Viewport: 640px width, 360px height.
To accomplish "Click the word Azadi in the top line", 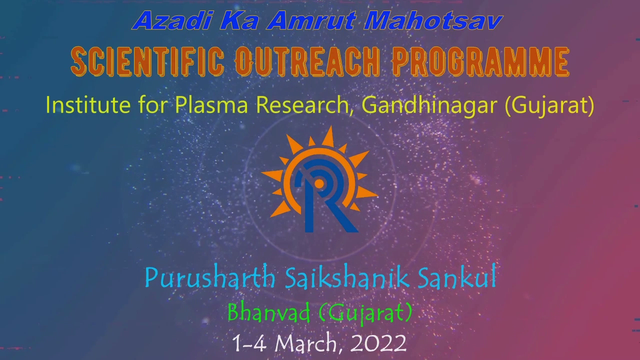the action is click(x=173, y=20).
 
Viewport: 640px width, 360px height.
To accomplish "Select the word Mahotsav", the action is click(x=433, y=20).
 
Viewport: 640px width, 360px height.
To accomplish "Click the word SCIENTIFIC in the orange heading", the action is click(x=147, y=61).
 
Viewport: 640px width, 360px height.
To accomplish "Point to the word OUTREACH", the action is click(x=307, y=61).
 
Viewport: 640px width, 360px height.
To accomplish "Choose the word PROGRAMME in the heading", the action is click(x=480, y=61).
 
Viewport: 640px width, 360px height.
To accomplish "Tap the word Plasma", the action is click(x=211, y=105).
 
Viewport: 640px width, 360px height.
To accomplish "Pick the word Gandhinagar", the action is click(x=429, y=105).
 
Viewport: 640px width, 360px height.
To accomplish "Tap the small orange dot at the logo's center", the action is click(x=319, y=184).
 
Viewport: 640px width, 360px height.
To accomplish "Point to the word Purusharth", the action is click(x=210, y=277).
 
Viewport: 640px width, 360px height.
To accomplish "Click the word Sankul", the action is click(x=457, y=276).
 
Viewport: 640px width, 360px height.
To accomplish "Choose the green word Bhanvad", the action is click(x=268, y=313).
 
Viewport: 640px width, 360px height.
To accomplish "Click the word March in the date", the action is click(x=305, y=343).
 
